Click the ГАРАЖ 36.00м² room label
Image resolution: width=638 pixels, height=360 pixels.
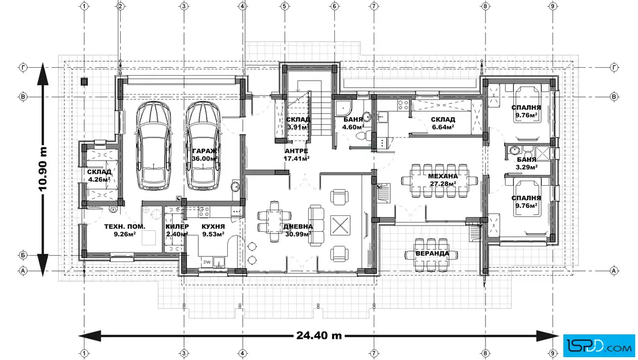click(205, 155)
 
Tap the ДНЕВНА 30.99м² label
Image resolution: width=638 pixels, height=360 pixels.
click(298, 230)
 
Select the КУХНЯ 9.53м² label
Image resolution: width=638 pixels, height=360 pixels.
click(213, 230)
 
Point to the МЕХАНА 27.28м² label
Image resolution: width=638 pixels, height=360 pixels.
click(443, 180)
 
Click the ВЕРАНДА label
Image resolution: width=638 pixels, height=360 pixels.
click(432, 253)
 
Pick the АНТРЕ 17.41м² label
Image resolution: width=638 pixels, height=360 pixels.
click(296, 155)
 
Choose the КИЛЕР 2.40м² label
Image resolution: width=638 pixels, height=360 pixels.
click(177, 230)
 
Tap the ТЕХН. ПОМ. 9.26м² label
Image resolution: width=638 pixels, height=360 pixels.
click(125, 230)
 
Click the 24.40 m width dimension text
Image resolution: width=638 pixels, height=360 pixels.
click(319, 336)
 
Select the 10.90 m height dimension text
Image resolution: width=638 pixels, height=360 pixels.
click(43, 169)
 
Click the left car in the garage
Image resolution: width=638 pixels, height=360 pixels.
click(153, 146)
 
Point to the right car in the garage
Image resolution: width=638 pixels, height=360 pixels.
click(203, 146)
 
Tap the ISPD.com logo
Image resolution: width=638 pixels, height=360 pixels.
click(599, 346)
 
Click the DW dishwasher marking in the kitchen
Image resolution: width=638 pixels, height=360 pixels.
click(207, 263)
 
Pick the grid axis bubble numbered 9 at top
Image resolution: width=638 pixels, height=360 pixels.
click(552, 6)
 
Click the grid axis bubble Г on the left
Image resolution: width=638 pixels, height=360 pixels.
click(23, 68)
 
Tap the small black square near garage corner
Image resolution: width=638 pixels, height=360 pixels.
click(84, 82)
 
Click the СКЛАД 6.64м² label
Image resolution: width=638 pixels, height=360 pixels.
click(443, 123)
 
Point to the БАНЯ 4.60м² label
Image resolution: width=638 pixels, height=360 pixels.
click(353, 123)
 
